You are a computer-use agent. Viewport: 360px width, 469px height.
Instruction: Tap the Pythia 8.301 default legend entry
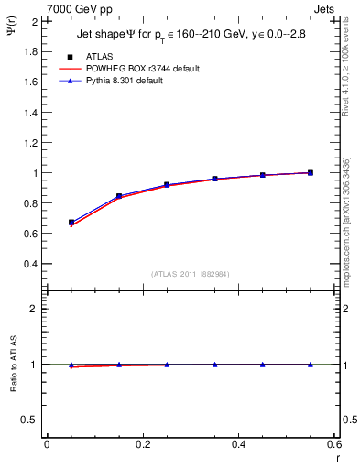(x=125, y=81)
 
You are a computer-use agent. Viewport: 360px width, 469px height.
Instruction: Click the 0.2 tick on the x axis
(x=142, y=445)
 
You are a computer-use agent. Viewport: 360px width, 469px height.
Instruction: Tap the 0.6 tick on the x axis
(x=333, y=445)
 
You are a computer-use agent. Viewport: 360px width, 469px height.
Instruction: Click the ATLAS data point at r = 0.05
(x=71, y=223)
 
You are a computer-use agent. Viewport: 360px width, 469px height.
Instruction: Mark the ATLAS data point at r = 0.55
(x=310, y=172)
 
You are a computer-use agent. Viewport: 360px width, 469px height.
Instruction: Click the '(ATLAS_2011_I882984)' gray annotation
(x=190, y=274)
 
